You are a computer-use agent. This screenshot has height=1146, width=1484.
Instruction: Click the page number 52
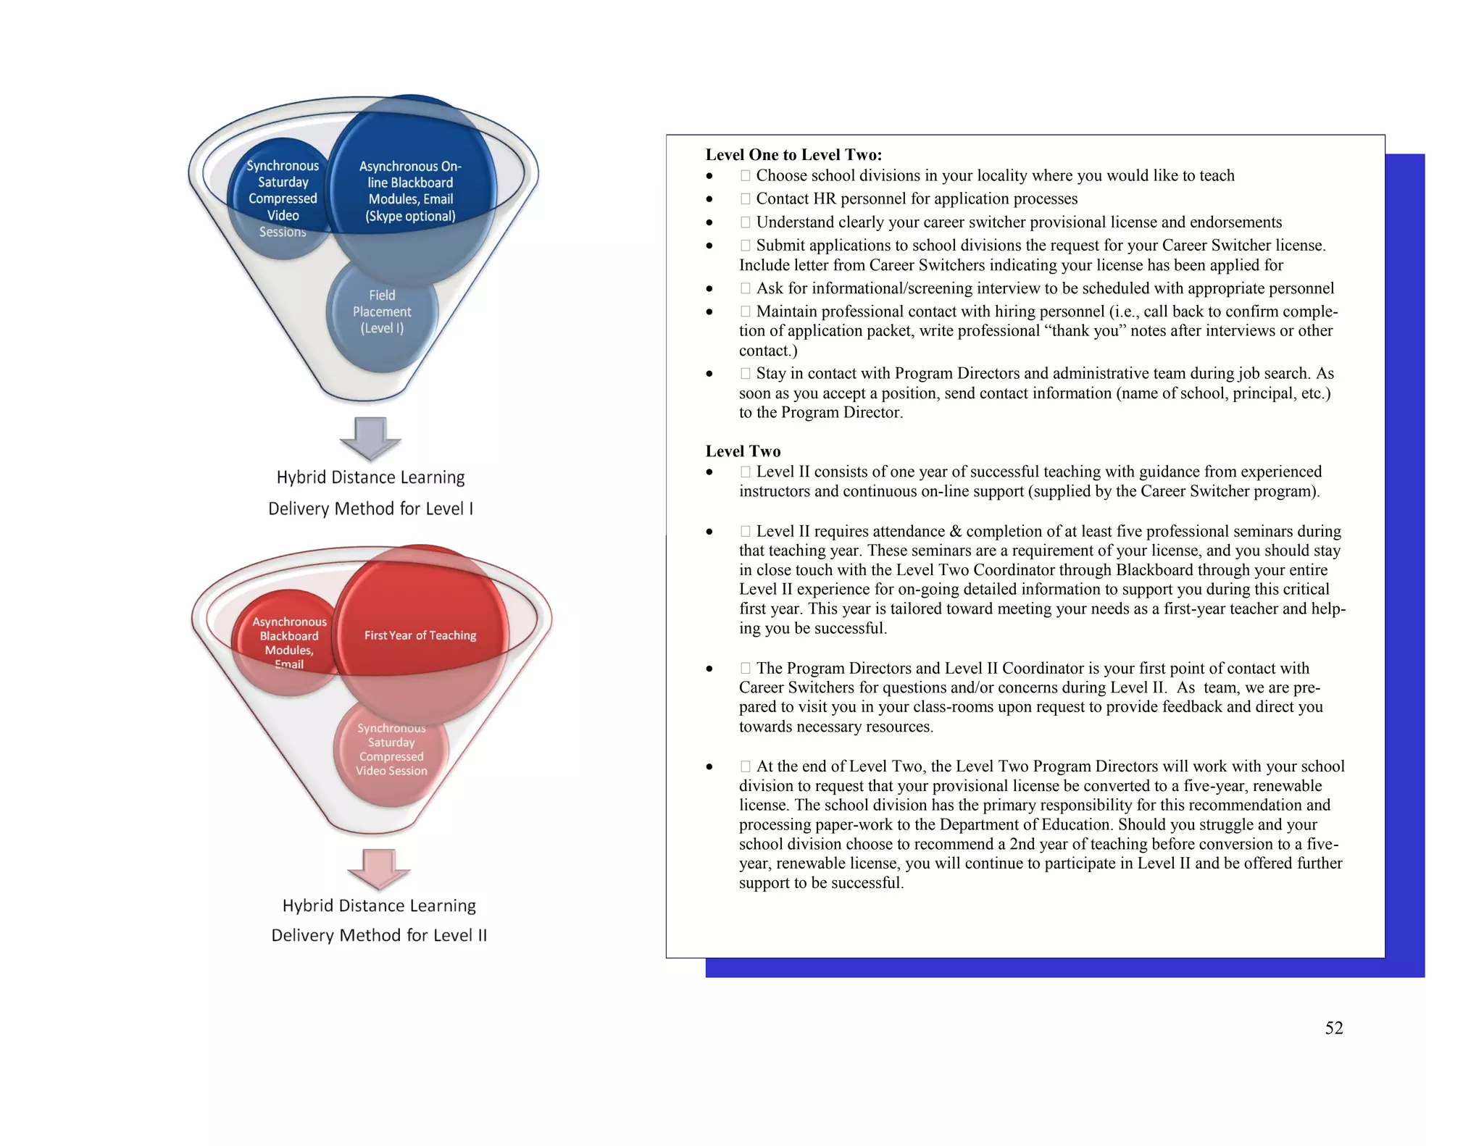pyautogui.click(x=1333, y=1028)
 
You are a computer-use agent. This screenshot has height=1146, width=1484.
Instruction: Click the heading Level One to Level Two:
pyautogui.click(x=793, y=155)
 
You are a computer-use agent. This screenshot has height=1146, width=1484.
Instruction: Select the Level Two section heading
pyautogui.click(x=743, y=451)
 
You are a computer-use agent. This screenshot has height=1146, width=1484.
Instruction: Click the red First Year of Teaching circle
pyautogui.click(x=420, y=635)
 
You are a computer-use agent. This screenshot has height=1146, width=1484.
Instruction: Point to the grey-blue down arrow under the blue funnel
pyautogui.click(x=370, y=438)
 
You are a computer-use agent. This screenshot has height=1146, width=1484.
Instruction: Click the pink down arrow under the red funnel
pyautogui.click(x=379, y=868)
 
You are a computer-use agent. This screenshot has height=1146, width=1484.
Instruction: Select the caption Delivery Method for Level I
pyautogui.click(x=370, y=509)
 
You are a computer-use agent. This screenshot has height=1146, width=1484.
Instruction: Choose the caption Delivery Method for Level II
pyautogui.click(x=379, y=935)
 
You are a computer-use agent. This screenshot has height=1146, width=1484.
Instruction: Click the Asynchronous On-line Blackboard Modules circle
pyautogui.click(x=410, y=191)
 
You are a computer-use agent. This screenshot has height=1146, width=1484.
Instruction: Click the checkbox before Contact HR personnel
pyautogui.click(x=745, y=198)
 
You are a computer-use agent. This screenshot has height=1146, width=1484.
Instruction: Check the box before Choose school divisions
pyautogui.click(x=745, y=175)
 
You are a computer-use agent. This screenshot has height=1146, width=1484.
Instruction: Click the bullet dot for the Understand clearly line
pyautogui.click(x=709, y=222)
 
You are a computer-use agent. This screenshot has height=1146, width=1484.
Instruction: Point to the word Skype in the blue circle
pyautogui.click(x=385, y=216)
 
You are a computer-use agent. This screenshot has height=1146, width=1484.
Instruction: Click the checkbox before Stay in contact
pyautogui.click(x=745, y=374)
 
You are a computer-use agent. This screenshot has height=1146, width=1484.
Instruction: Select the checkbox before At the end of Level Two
pyautogui.click(x=745, y=766)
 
